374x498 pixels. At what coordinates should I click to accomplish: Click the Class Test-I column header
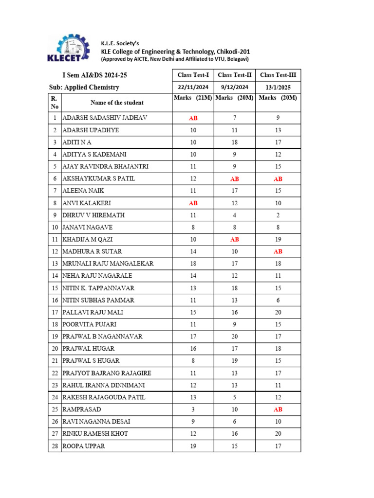point(193,75)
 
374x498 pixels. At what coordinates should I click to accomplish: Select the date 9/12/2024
point(234,87)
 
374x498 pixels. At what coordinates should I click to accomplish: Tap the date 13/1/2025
point(278,87)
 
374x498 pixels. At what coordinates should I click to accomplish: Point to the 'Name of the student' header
point(117,103)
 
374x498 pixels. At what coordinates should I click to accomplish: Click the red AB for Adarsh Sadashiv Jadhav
point(193,118)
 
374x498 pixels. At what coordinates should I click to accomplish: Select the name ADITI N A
point(77,142)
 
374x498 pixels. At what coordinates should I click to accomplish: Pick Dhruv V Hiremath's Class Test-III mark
point(278,215)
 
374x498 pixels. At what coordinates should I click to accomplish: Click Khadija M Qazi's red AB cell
point(234,239)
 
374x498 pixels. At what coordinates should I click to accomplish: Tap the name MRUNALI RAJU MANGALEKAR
point(108,264)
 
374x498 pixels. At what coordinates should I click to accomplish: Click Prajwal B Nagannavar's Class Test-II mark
point(234,337)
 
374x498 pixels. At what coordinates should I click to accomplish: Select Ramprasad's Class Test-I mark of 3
point(193,409)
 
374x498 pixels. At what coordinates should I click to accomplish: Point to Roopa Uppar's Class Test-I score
point(193,446)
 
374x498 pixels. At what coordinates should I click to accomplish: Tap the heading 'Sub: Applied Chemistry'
point(84,88)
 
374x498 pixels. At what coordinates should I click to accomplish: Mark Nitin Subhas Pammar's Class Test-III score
point(278,300)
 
